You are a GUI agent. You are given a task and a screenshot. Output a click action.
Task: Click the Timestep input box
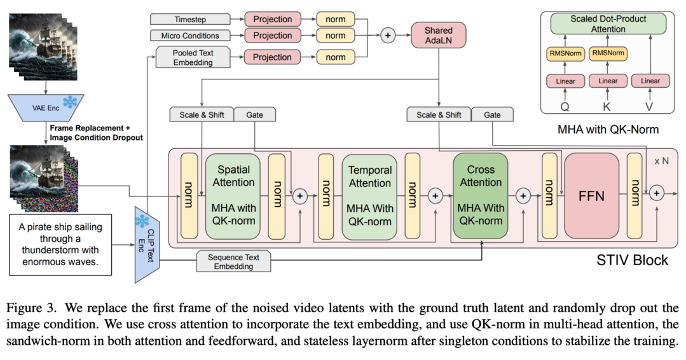click(190, 19)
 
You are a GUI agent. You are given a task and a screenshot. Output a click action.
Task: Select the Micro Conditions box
click(190, 36)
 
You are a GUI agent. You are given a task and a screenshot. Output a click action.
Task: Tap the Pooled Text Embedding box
click(193, 57)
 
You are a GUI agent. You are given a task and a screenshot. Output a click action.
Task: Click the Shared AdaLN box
click(439, 36)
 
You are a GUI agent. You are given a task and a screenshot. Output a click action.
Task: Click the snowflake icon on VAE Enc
click(69, 102)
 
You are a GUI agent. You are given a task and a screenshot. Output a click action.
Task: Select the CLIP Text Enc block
click(147, 244)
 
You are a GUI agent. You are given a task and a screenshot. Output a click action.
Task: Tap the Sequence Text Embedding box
click(233, 261)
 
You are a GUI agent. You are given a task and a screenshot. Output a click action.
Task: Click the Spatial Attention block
click(233, 196)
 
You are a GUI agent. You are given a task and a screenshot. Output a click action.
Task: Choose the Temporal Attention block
click(369, 197)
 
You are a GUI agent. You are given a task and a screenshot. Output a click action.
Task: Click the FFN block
click(591, 195)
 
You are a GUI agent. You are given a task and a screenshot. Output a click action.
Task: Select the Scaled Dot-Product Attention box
click(608, 24)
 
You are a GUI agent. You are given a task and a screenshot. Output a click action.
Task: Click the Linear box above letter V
click(650, 81)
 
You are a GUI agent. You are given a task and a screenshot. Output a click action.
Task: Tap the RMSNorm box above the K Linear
click(608, 53)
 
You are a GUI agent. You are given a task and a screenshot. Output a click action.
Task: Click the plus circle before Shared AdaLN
click(388, 36)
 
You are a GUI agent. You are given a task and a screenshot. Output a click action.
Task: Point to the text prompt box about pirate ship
click(60, 244)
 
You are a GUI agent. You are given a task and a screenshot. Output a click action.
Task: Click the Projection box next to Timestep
click(273, 19)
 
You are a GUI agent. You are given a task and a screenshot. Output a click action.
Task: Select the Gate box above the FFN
click(492, 114)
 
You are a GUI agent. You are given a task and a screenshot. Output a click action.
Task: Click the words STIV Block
click(632, 260)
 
